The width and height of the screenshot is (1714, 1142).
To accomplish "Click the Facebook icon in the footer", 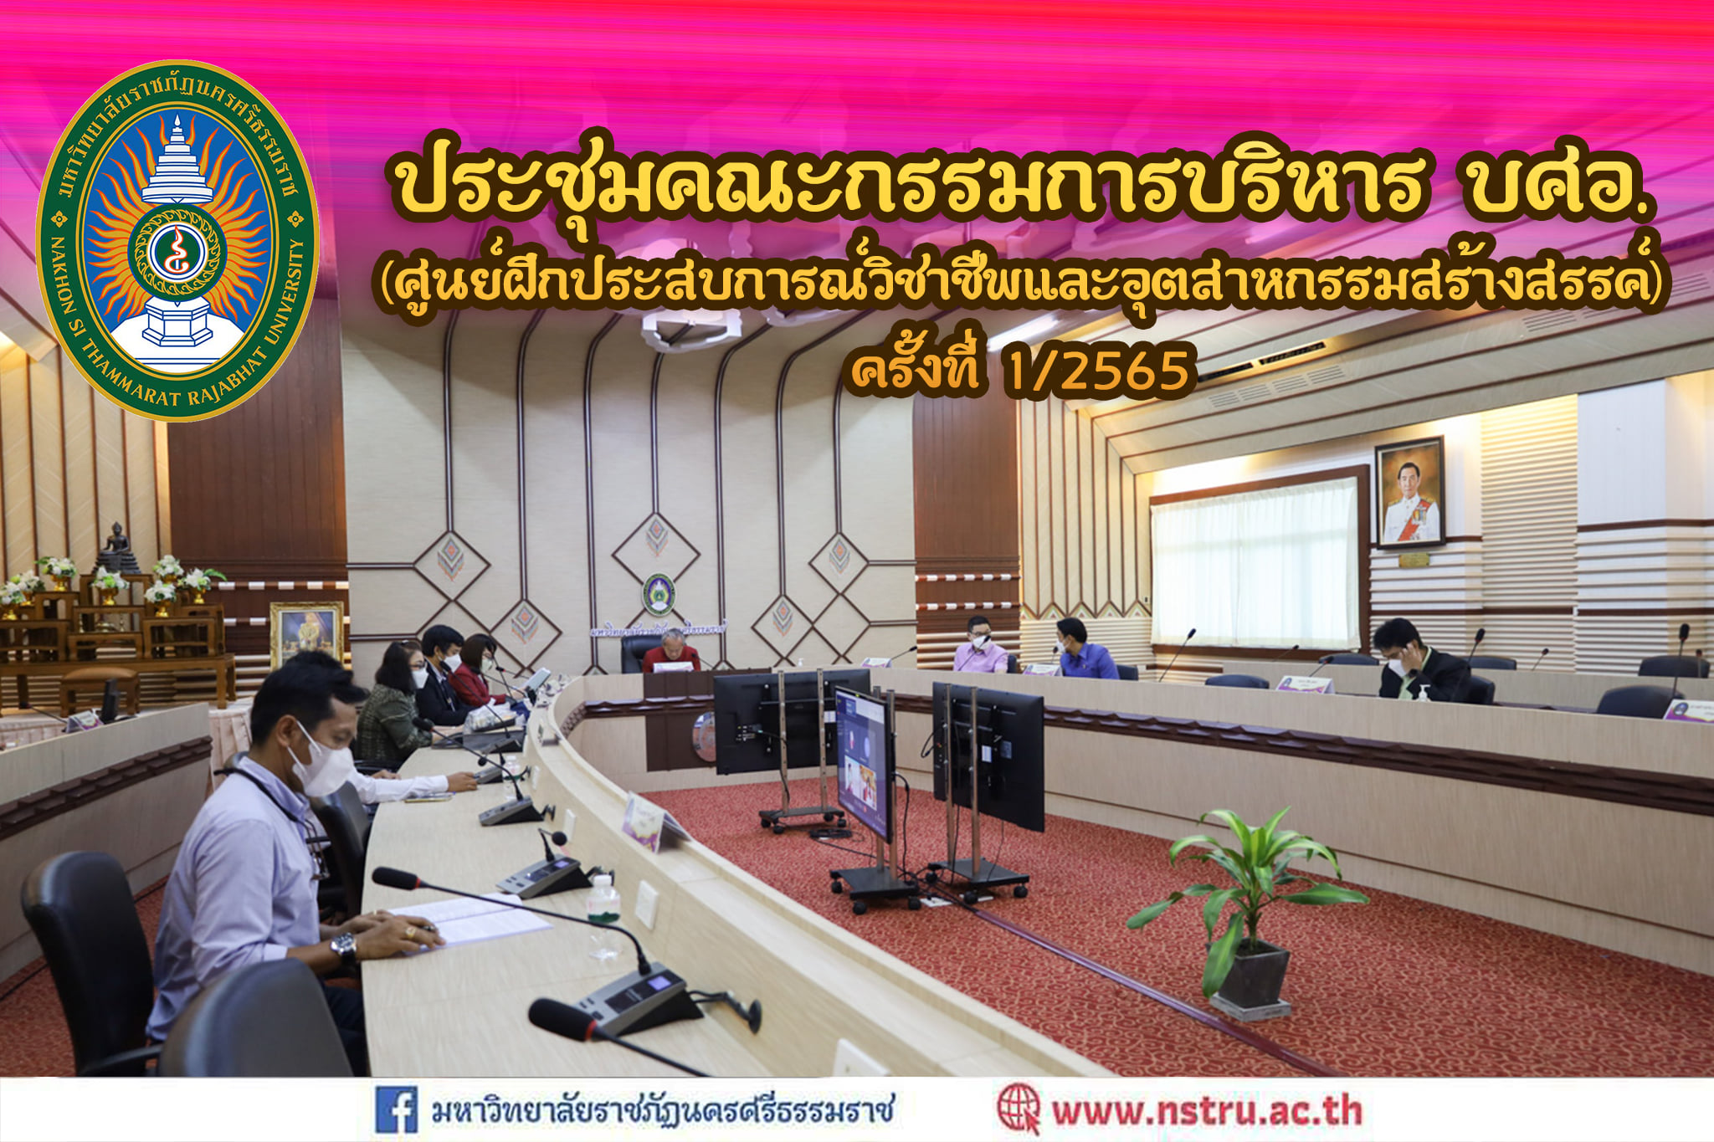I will (x=396, y=1110).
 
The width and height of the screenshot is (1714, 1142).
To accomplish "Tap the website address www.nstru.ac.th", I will (x=1206, y=1111).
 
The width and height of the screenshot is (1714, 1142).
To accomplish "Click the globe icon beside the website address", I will (x=1019, y=1109).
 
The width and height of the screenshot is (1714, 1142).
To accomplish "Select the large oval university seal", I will (x=177, y=241).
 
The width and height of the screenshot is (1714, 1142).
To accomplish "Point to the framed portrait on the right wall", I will (x=1410, y=492).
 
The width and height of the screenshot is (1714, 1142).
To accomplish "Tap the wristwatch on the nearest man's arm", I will (x=344, y=946).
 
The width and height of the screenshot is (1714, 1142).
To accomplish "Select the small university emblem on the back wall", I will (x=658, y=594).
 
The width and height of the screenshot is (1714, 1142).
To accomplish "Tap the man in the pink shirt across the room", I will (x=981, y=646).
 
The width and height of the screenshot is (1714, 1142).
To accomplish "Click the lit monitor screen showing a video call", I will (x=861, y=761).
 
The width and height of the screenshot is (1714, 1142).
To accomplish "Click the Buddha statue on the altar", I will (x=116, y=549).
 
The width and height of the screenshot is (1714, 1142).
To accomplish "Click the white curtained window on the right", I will (x=1255, y=566).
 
